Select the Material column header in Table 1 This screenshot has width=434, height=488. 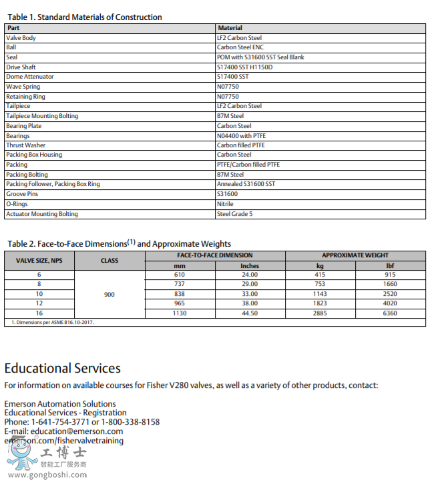tap(230, 28)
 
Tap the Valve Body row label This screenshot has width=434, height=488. tap(21, 38)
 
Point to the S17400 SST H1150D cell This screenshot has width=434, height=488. tap(244, 67)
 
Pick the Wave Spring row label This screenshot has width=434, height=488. tap(23, 87)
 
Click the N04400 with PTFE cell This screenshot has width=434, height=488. tap(241, 136)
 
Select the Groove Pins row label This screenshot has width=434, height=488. tap(22, 194)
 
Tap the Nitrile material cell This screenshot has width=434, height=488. tap(225, 204)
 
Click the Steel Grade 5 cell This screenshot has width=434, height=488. tap(235, 214)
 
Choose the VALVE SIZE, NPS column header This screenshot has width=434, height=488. tap(39, 261)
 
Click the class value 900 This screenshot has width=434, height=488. tap(110, 294)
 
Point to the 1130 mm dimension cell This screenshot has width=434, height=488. tap(180, 313)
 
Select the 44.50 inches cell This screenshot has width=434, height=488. tap(250, 313)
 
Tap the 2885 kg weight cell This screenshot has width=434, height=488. tap(320, 313)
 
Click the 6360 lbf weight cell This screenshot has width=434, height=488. tap(390, 313)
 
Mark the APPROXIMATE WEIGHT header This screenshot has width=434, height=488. tap(355, 255)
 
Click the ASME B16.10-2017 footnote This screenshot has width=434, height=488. tap(53, 323)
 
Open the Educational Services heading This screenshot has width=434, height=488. tap(63, 368)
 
